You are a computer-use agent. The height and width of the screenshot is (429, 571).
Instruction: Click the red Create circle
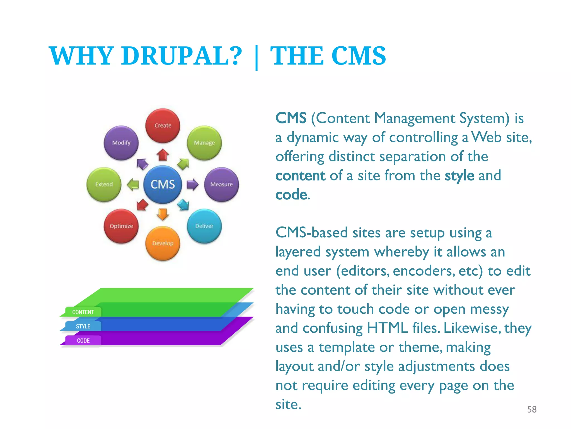click(x=163, y=126)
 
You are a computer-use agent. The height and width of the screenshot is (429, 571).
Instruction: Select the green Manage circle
click(x=204, y=143)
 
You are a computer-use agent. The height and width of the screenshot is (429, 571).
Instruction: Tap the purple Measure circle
click(x=221, y=184)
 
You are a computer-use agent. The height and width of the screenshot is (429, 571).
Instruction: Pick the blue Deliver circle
click(x=204, y=226)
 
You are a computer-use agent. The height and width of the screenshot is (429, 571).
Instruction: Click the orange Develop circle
click(x=163, y=243)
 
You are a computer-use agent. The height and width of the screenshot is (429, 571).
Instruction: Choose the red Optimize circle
click(x=121, y=226)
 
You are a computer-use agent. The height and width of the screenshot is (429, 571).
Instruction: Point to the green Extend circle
click(x=104, y=184)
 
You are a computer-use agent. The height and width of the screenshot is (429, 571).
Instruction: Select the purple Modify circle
click(x=121, y=143)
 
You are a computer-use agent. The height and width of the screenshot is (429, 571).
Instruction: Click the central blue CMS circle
click(x=163, y=184)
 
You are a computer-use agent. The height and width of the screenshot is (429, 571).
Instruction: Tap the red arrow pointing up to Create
click(x=163, y=154)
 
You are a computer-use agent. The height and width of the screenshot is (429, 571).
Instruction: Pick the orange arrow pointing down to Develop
click(x=163, y=214)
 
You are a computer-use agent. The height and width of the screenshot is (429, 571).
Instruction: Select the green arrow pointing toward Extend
click(x=133, y=184)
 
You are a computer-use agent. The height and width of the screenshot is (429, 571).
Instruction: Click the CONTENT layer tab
click(x=83, y=312)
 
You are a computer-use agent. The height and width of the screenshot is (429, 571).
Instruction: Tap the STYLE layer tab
click(x=83, y=326)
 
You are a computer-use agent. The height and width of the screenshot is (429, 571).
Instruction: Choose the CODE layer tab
click(x=83, y=340)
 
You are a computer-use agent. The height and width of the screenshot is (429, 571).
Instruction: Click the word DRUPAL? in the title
click(x=182, y=56)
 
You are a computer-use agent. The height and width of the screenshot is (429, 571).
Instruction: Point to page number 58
click(x=532, y=409)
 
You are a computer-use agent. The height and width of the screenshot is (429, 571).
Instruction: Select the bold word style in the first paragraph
click(x=459, y=176)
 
